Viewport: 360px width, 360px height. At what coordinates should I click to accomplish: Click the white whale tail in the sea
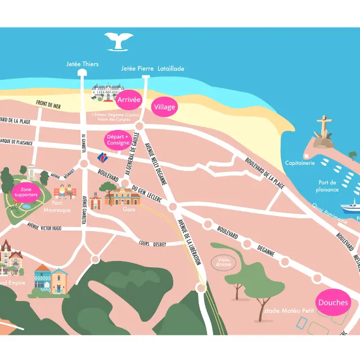click(x=119, y=41)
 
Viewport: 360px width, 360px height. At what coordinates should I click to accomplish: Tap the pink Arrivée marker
click(x=129, y=100)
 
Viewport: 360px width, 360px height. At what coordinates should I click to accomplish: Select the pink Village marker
click(x=165, y=107)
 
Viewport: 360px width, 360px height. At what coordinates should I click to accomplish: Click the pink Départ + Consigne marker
click(x=118, y=139)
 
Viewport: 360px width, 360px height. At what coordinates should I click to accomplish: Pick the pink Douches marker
click(x=333, y=303)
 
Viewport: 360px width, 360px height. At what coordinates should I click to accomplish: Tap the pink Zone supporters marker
click(x=26, y=192)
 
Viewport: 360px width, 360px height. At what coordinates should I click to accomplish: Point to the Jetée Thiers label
click(x=82, y=64)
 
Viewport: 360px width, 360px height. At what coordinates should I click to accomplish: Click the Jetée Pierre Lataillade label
click(x=152, y=69)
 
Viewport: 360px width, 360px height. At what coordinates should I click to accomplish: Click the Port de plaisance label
click(x=327, y=186)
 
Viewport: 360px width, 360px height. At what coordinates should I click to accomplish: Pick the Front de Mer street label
click(x=48, y=104)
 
